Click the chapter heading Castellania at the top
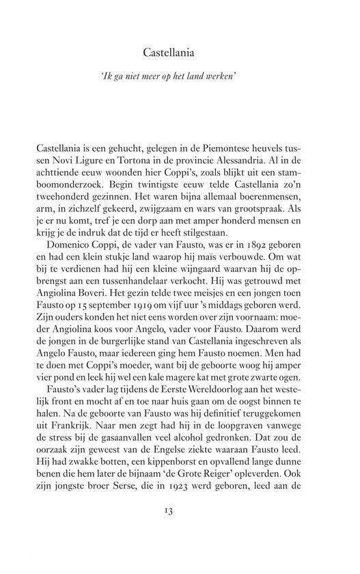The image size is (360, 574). click(x=180, y=52)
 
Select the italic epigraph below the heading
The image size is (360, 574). click(x=180, y=78)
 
